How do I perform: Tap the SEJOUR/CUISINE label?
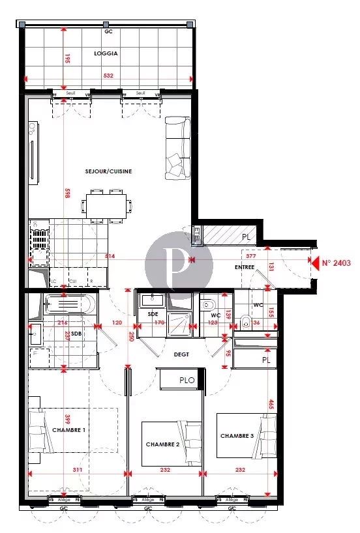coord(108,171)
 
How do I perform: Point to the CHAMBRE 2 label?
coord(162,444)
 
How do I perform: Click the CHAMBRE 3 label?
coord(237,435)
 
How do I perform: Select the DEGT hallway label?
coord(181,354)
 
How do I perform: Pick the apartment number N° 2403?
coord(337,263)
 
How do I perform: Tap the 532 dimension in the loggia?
coord(109,76)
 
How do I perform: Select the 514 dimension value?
coord(109,257)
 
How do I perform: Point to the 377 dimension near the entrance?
coord(250,257)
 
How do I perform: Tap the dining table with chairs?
coord(108,204)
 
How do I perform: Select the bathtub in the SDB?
coord(68,304)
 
